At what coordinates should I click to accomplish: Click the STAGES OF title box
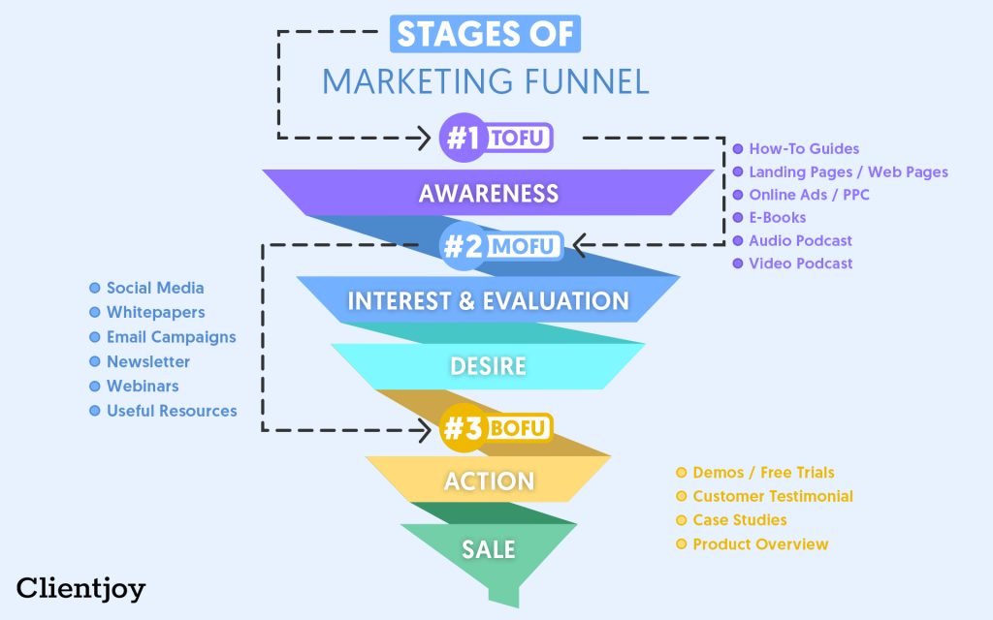pos(485,34)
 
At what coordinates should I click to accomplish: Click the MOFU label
pos(523,246)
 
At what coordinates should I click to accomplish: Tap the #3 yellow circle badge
pos(463,428)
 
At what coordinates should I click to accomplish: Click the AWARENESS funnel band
pos(489,193)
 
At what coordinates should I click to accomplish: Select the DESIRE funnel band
pos(489,366)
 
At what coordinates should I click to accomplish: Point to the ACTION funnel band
pos(489,480)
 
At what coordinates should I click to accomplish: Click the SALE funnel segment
pos(489,549)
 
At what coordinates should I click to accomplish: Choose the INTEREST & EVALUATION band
pos(489,300)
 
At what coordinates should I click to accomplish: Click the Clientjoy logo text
pos(80,587)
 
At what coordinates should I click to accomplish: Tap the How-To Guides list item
pos(804,149)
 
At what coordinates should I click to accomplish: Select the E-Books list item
pos(777,218)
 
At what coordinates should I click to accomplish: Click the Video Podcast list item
pos(800,263)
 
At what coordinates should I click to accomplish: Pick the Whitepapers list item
pos(155,312)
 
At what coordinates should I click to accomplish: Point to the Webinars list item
pos(147,386)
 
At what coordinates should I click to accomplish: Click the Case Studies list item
pos(739,520)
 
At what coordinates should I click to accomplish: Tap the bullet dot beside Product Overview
pos(682,544)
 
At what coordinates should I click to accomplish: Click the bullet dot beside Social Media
pos(95,288)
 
